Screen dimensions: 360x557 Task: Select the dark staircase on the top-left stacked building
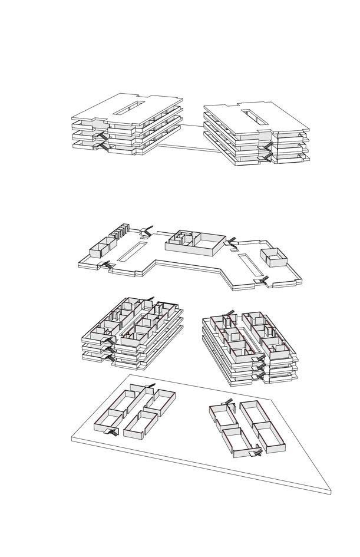101,140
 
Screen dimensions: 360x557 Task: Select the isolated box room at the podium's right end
273,257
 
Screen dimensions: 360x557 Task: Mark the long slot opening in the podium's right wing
249,263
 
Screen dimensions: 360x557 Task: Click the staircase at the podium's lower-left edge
106,265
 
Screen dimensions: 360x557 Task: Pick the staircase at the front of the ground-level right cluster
256,452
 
